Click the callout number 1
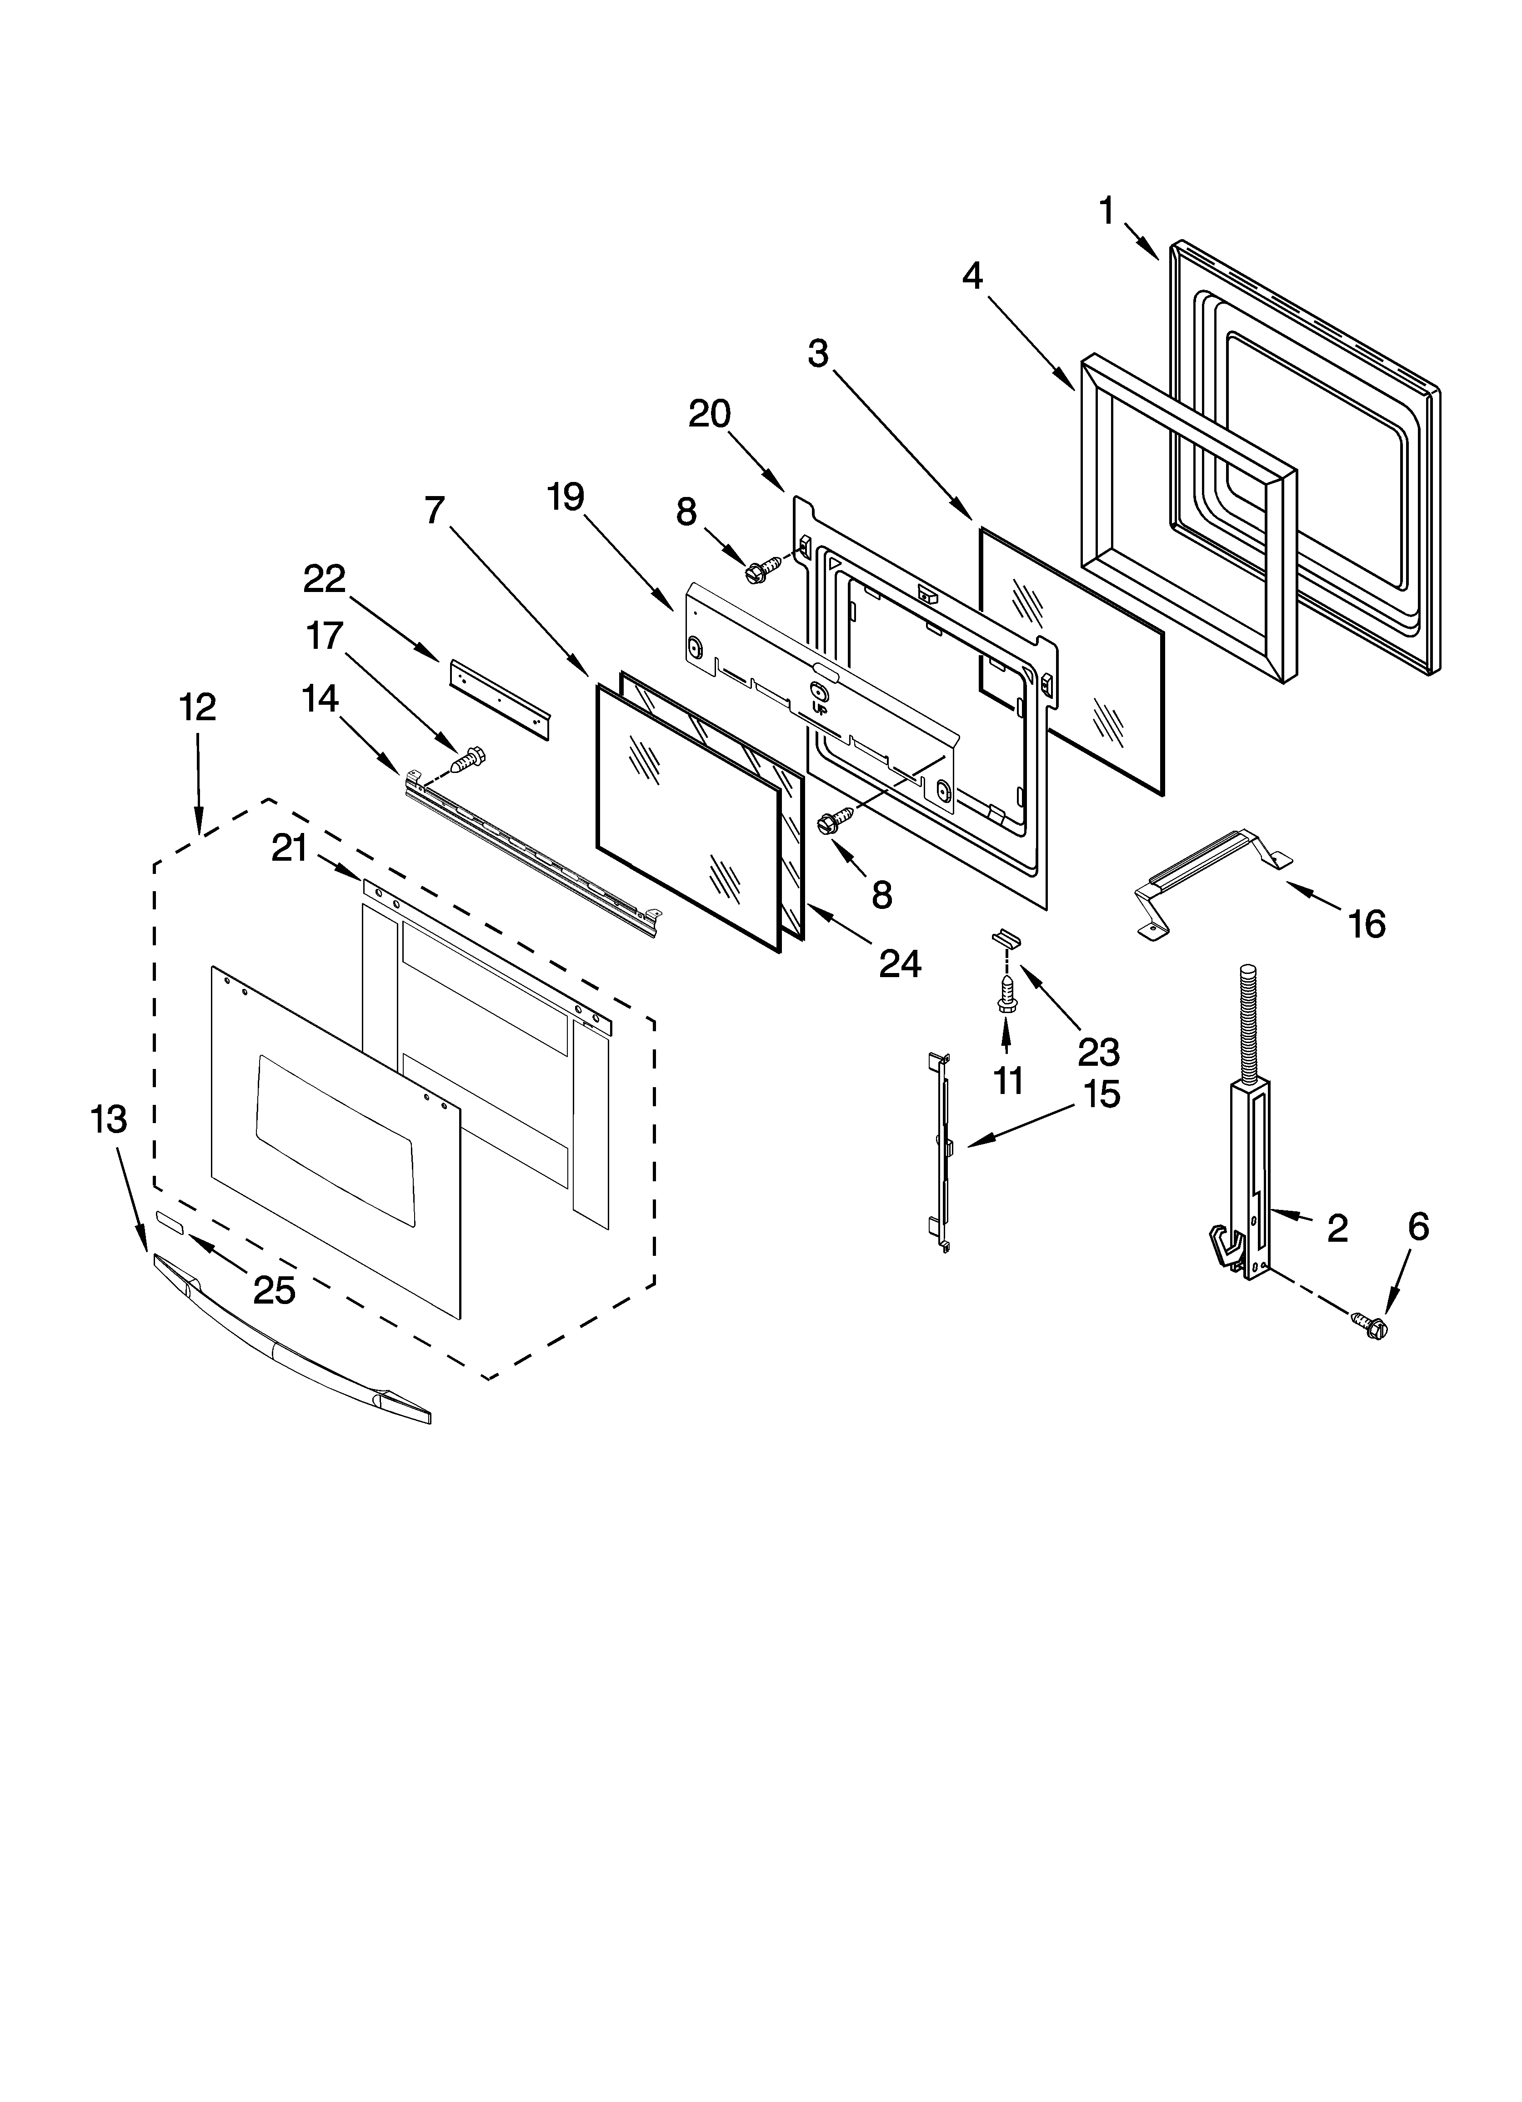click(1107, 211)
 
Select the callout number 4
click(972, 275)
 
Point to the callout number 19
click(566, 498)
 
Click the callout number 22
click(325, 579)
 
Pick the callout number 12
click(197, 707)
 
